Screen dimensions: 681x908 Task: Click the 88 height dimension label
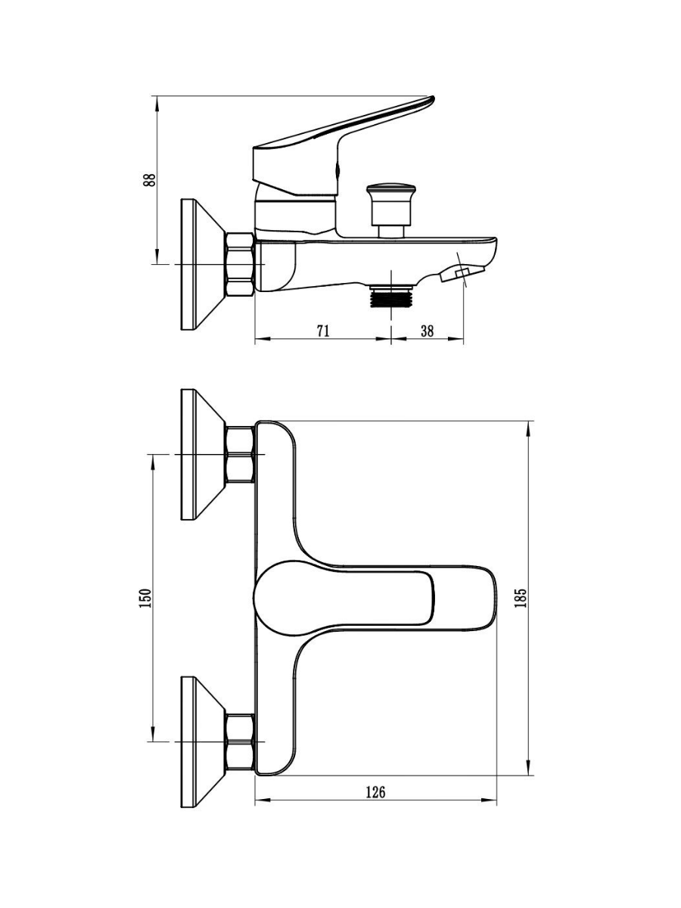(x=150, y=179)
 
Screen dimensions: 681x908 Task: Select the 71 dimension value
(x=323, y=331)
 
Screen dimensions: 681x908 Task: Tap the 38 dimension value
(x=427, y=331)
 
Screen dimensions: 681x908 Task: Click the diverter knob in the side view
(x=390, y=211)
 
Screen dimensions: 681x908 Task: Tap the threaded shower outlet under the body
(x=391, y=296)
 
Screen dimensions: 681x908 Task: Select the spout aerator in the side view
(x=462, y=273)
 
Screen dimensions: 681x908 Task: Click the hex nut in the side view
(x=240, y=264)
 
